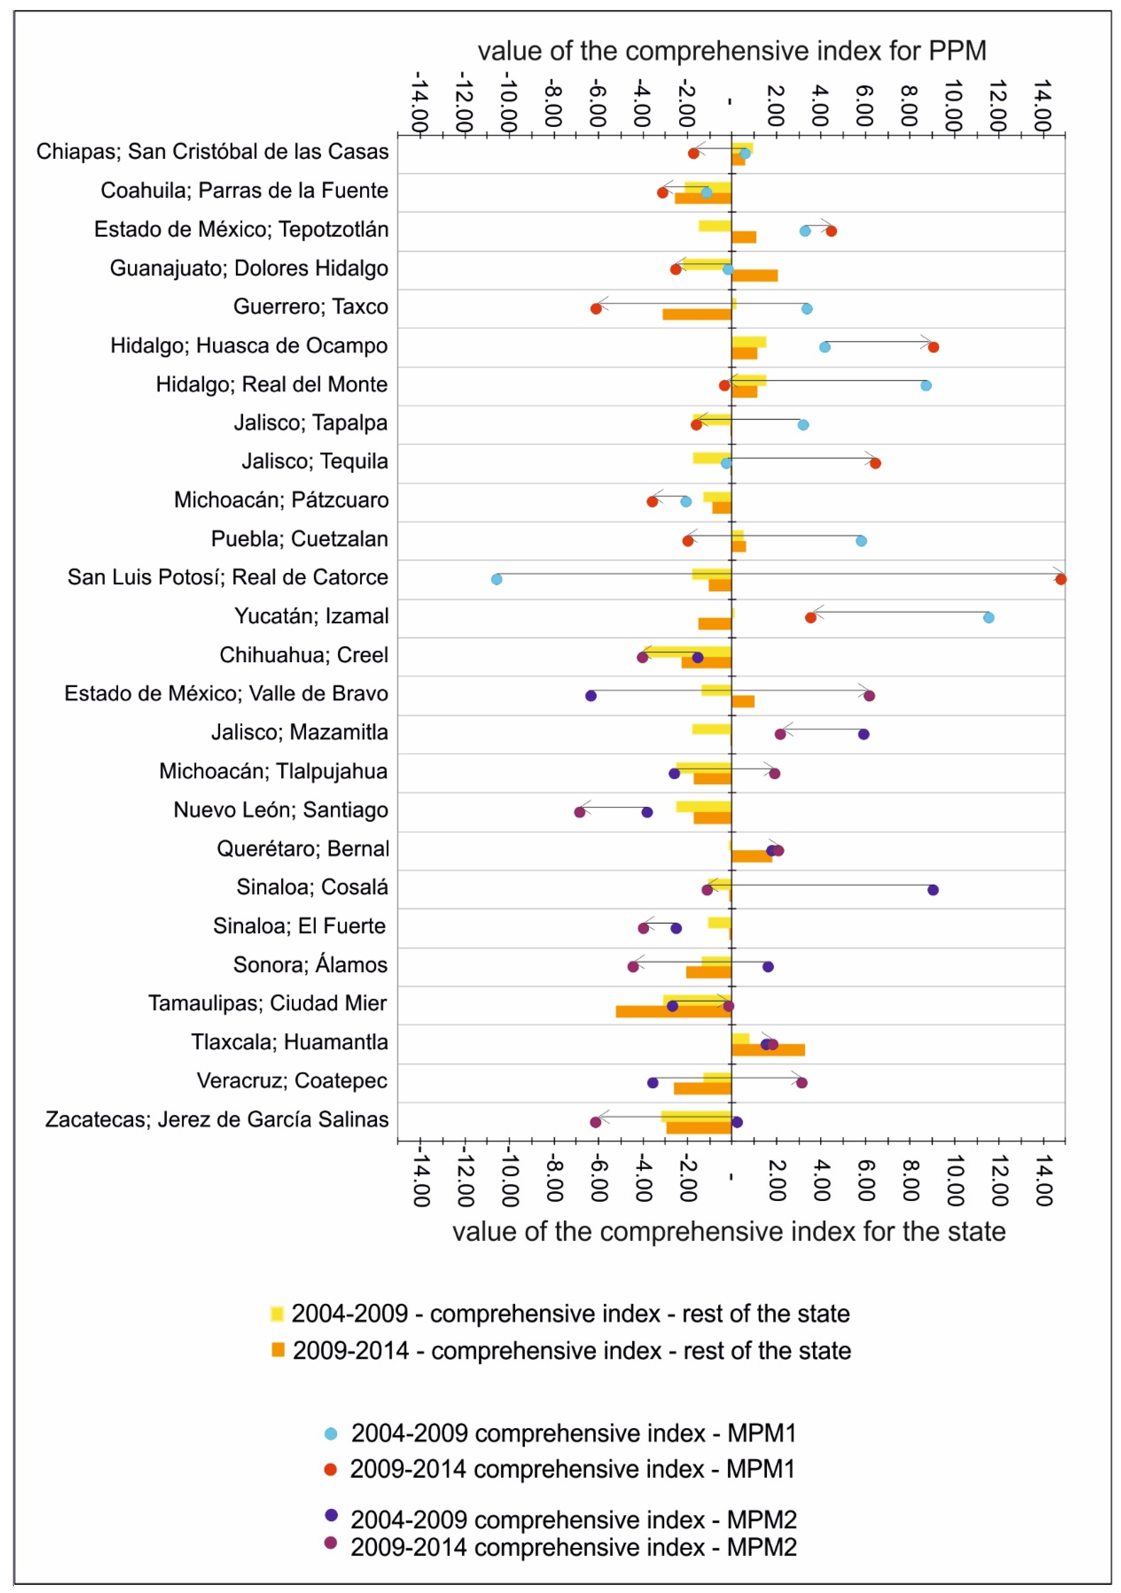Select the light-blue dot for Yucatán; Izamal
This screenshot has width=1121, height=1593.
point(989,617)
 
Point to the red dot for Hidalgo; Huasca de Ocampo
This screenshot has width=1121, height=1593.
point(934,347)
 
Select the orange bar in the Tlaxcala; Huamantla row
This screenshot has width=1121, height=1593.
point(768,1050)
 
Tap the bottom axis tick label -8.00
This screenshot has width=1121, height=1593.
point(553,1181)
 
